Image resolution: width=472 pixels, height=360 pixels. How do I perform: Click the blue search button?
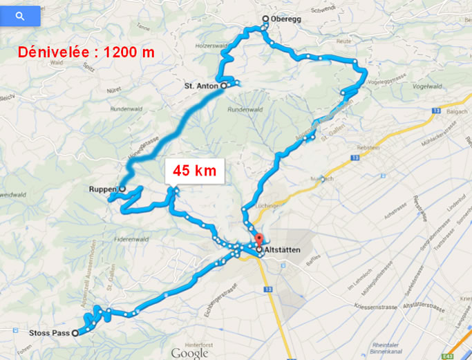point(20,16)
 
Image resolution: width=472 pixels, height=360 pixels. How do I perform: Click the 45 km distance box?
point(195,170)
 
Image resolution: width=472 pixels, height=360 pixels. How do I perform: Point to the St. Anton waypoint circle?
point(223,86)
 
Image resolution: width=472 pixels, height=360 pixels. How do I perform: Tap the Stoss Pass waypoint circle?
point(75,333)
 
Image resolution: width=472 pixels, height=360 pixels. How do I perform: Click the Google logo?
point(189,352)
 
